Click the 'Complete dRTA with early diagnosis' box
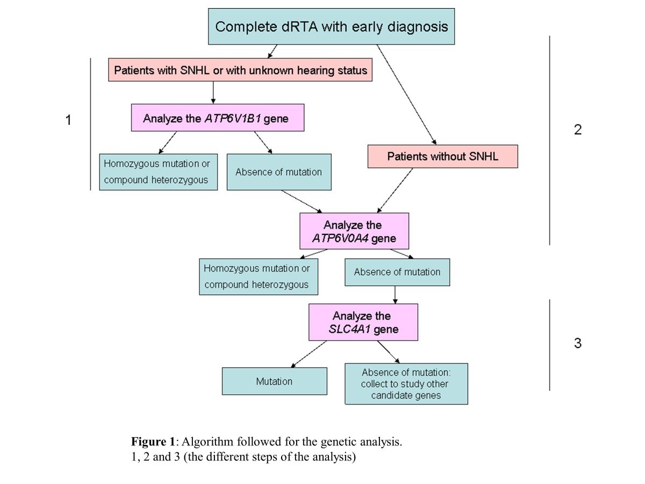click(x=331, y=26)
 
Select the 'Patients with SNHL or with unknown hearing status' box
click(x=240, y=70)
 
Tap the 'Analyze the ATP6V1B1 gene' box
click(x=218, y=118)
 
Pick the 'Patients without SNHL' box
click(x=442, y=156)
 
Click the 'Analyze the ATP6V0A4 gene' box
click(x=354, y=231)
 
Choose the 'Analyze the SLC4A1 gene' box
click(x=363, y=322)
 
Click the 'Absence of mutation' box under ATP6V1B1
click(x=278, y=172)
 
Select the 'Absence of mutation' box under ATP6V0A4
click(x=397, y=272)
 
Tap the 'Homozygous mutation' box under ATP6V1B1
click(x=158, y=172)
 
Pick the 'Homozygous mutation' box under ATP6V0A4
click(x=258, y=277)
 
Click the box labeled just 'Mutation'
click(x=274, y=381)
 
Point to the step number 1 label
click(x=68, y=120)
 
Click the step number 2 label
click(x=577, y=130)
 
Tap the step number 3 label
click(x=577, y=343)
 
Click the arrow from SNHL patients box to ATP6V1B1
click(x=214, y=92)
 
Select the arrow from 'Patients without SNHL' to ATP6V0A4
click(x=396, y=190)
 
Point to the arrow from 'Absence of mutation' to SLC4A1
click(x=396, y=294)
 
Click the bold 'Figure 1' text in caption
click(x=153, y=442)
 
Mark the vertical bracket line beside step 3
click(x=550, y=344)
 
